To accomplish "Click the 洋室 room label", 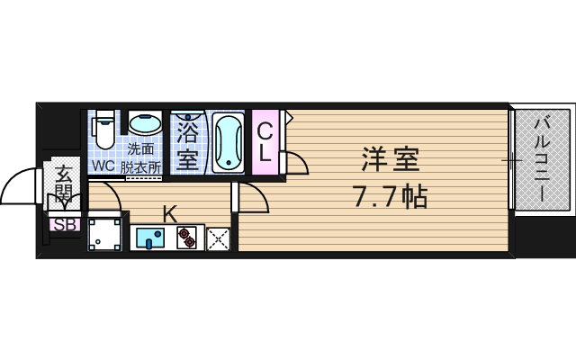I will (391, 162).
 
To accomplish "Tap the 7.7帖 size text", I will (390, 194).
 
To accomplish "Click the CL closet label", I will (265, 142).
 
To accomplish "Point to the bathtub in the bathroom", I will (229, 142).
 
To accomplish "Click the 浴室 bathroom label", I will (187, 147).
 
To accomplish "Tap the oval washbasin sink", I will (143, 123).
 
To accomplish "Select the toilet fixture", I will (104, 129).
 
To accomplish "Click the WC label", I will (101, 167).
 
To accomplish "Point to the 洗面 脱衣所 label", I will (143, 157).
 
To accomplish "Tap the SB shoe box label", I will (64, 225).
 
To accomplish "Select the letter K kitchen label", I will (168, 213).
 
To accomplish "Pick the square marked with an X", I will (219, 238).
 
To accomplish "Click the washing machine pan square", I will (104, 234).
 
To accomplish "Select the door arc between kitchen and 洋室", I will (254, 198).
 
